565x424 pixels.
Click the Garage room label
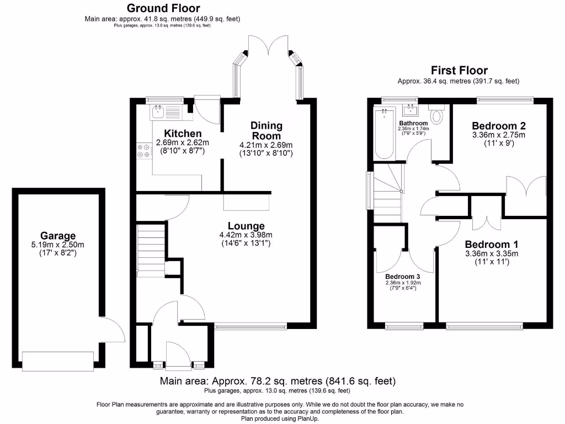click(57, 236)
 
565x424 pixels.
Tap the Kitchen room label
click(183, 134)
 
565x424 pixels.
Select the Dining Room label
click(266, 130)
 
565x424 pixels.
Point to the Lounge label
click(246, 226)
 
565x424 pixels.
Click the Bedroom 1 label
click(491, 245)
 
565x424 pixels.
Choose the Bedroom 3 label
click(402, 276)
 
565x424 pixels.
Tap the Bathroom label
click(413, 123)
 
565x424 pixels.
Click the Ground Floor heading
click(163, 8)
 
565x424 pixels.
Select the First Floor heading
click(459, 70)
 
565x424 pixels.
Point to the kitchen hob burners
click(145, 151)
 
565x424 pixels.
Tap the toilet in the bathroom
click(438, 115)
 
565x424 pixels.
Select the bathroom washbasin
click(411, 110)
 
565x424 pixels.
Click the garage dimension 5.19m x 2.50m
click(57, 245)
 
